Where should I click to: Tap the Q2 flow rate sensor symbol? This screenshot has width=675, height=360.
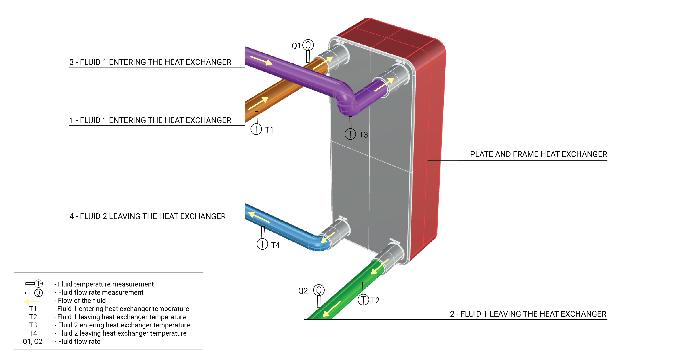point(319,290)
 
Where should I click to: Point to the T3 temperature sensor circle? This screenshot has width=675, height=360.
point(350,134)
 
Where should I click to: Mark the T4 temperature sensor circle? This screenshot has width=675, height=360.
point(262,244)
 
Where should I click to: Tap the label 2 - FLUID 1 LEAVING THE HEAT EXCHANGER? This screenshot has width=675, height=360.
point(528,314)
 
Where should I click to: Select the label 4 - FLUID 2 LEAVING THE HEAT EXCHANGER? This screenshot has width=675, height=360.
point(148,216)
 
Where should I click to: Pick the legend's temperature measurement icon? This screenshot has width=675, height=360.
point(34,283)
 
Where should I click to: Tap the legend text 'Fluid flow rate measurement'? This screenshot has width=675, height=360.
point(101,292)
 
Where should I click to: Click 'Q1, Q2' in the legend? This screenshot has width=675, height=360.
point(32,341)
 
